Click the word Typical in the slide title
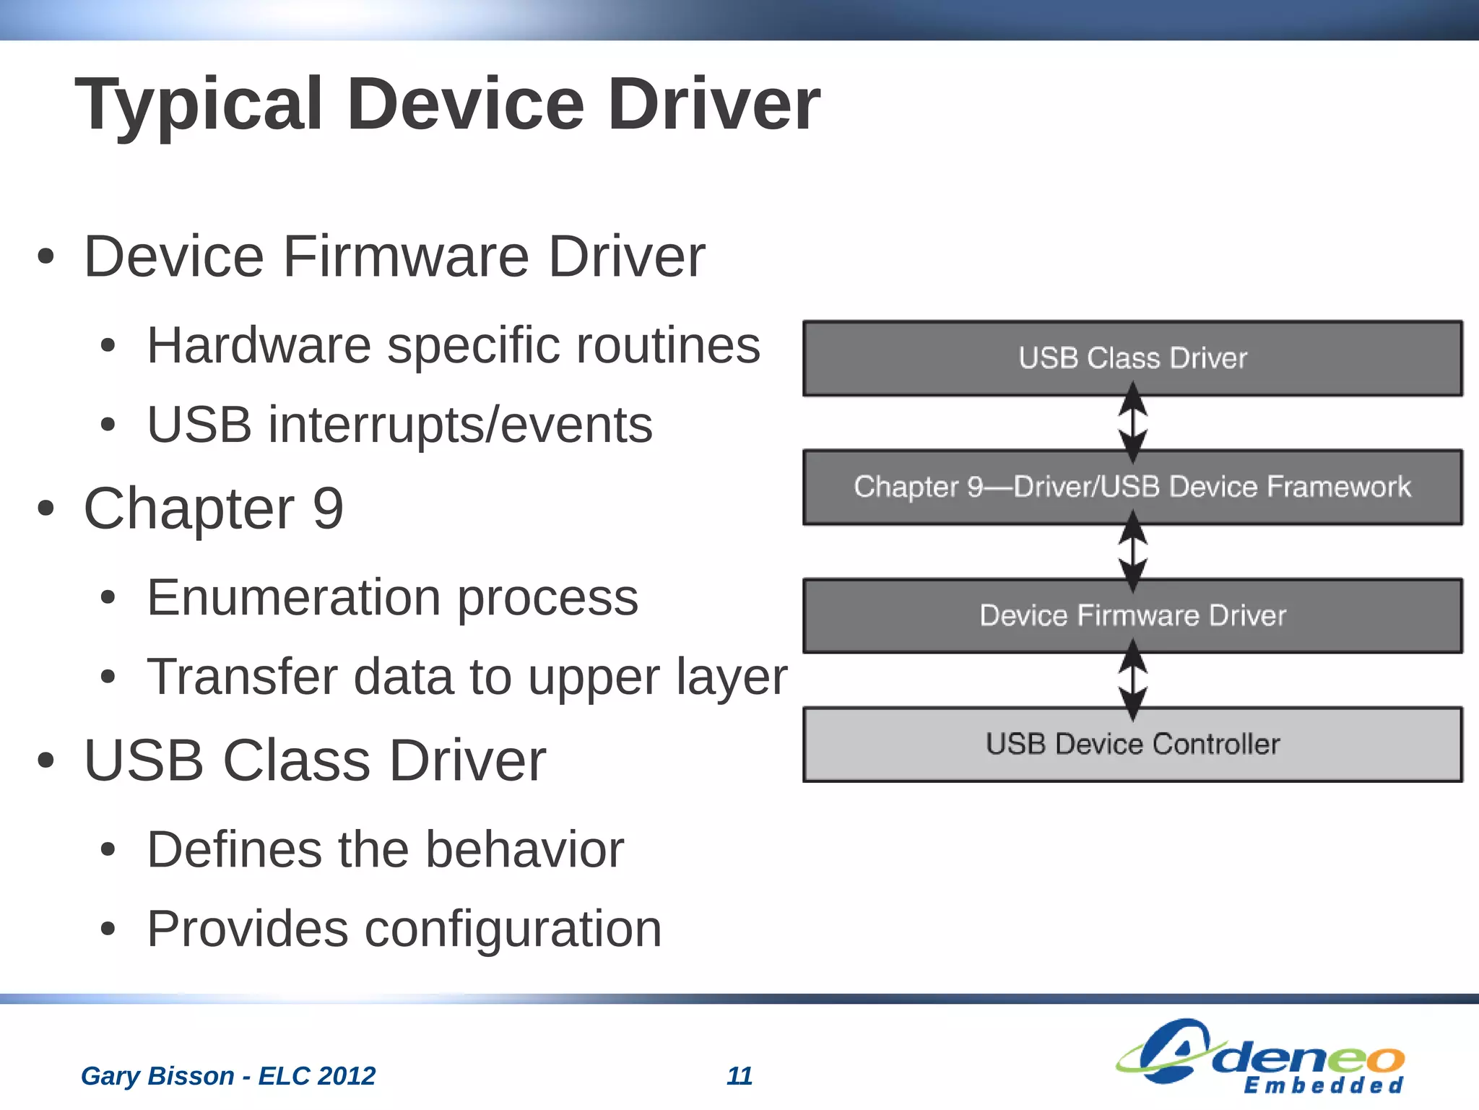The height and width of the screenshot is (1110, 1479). tap(199, 105)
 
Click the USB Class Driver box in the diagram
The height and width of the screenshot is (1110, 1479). tap(1132, 358)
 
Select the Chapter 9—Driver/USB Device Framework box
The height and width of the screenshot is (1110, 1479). tap(1132, 487)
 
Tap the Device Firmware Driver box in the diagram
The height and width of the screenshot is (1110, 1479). tap(1132, 616)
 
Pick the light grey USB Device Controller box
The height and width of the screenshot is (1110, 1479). tap(1132, 745)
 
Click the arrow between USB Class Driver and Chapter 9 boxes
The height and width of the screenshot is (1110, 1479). tap(1133, 422)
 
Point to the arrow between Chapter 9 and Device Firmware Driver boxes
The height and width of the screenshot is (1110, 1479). tap(1133, 551)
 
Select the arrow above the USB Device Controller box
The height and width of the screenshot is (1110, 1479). tap(1133, 680)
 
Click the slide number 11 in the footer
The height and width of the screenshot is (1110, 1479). tap(739, 1076)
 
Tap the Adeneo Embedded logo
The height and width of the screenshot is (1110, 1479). tap(1260, 1056)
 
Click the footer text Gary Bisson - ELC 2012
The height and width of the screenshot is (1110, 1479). tap(228, 1076)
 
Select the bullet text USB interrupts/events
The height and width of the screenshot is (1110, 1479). tap(399, 425)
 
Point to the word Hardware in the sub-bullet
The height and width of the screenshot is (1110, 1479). tap(259, 345)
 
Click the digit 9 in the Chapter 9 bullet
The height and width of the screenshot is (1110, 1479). tap(328, 508)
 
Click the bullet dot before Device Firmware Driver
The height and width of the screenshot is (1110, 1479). tap(45, 257)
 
